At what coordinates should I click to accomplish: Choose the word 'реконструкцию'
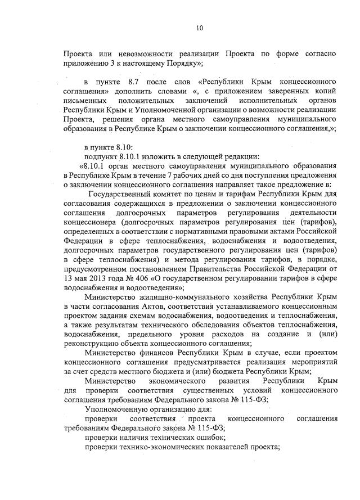coord(90,342)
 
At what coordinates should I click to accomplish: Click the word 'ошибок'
coord(211,436)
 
